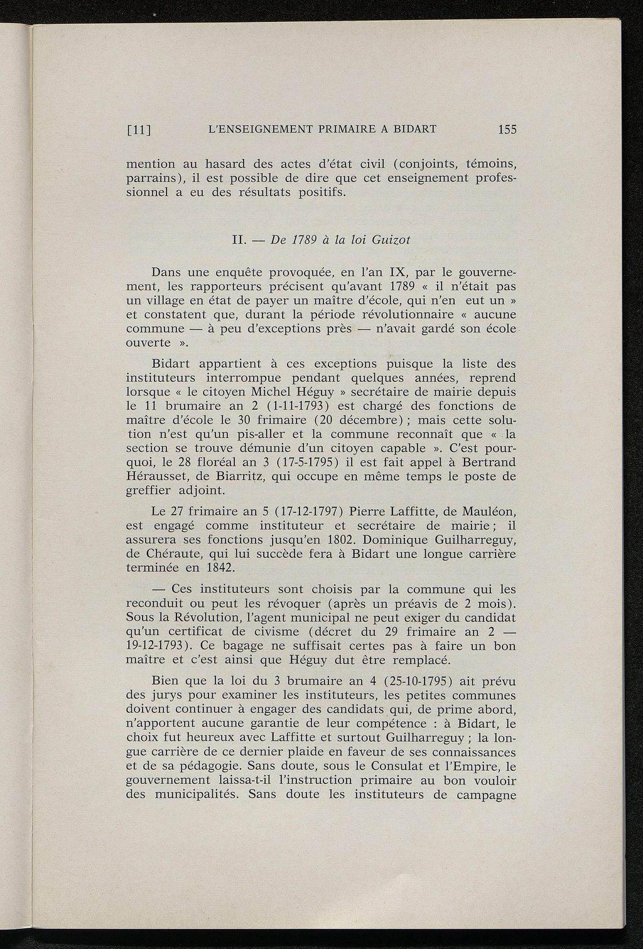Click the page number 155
[x=506, y=130]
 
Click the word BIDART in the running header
[x=414, y=130]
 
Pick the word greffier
[x=153, y=491]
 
